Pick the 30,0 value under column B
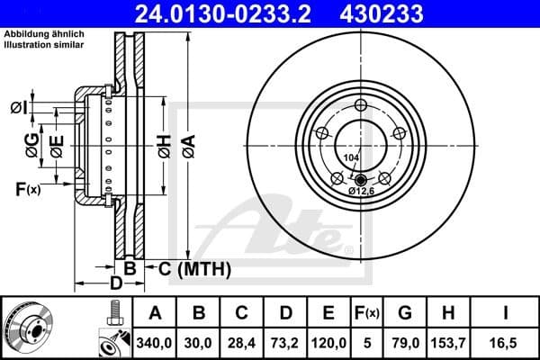200,341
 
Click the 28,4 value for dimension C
243,341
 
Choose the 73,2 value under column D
286,341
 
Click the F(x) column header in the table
365,313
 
